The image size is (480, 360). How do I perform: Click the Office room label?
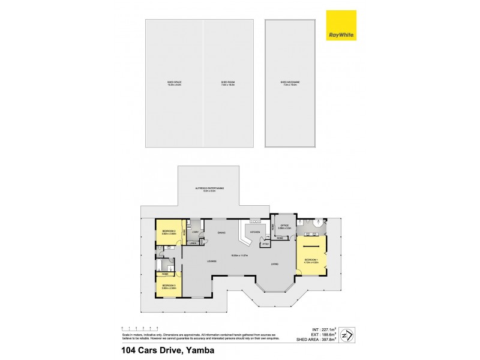tap(285, 227)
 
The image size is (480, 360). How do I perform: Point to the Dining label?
tap(221, 233)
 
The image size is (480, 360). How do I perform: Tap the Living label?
tap(274, 264)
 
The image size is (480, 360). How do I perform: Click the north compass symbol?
tap(345, 334)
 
